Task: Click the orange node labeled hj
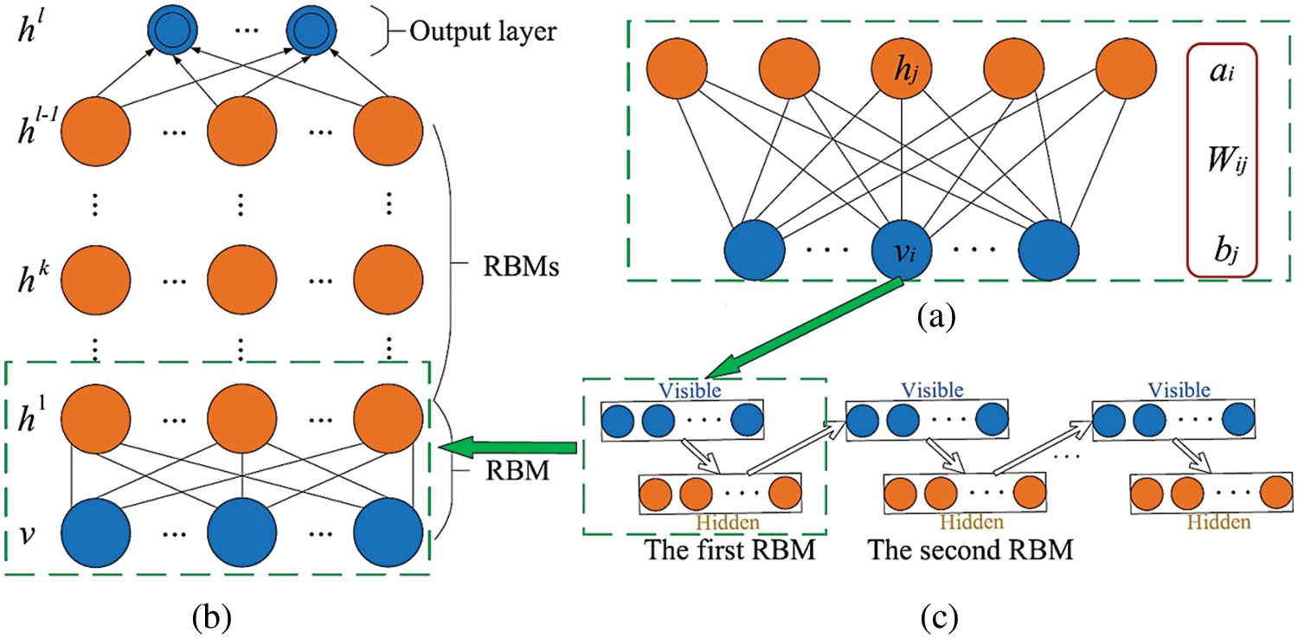pos(901,69)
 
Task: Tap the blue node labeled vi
pos(901,249)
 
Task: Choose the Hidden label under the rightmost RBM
pos(1218,522)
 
